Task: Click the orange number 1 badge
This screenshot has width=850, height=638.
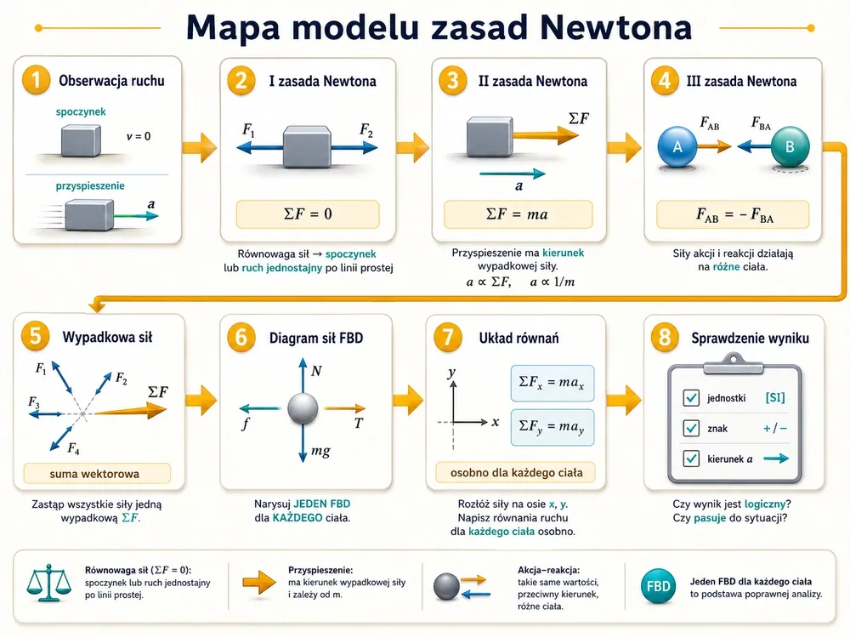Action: pos(36,80)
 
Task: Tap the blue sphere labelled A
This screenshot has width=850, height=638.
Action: pos(677,146)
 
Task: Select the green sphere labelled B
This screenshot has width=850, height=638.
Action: pos(790,146)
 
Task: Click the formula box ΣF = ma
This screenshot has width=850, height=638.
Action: pos(518,214)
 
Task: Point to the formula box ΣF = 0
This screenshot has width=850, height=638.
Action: pos(308,214)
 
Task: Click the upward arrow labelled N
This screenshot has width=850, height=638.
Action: pos(303,375)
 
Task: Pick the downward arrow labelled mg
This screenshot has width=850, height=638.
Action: pos(303,442)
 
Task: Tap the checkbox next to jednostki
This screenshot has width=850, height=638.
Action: pos(691,397)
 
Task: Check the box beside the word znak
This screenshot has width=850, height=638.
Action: pos(691,428)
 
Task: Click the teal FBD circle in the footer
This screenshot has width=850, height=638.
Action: pos(658,586)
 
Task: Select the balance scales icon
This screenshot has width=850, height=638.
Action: pos(48,584)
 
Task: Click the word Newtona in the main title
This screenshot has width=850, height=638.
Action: pos(616,27)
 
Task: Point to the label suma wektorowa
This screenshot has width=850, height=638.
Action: pos(94,474)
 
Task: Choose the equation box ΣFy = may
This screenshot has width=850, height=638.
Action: pos(552,427)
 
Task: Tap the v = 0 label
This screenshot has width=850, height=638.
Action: pos(139,136)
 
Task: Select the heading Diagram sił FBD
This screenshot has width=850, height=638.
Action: pos(316,338)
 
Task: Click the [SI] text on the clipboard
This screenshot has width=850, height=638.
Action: pos(775,397)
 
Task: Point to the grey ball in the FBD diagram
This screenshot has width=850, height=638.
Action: pos(303,408)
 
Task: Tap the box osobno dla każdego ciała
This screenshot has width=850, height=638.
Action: pos(516,472)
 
